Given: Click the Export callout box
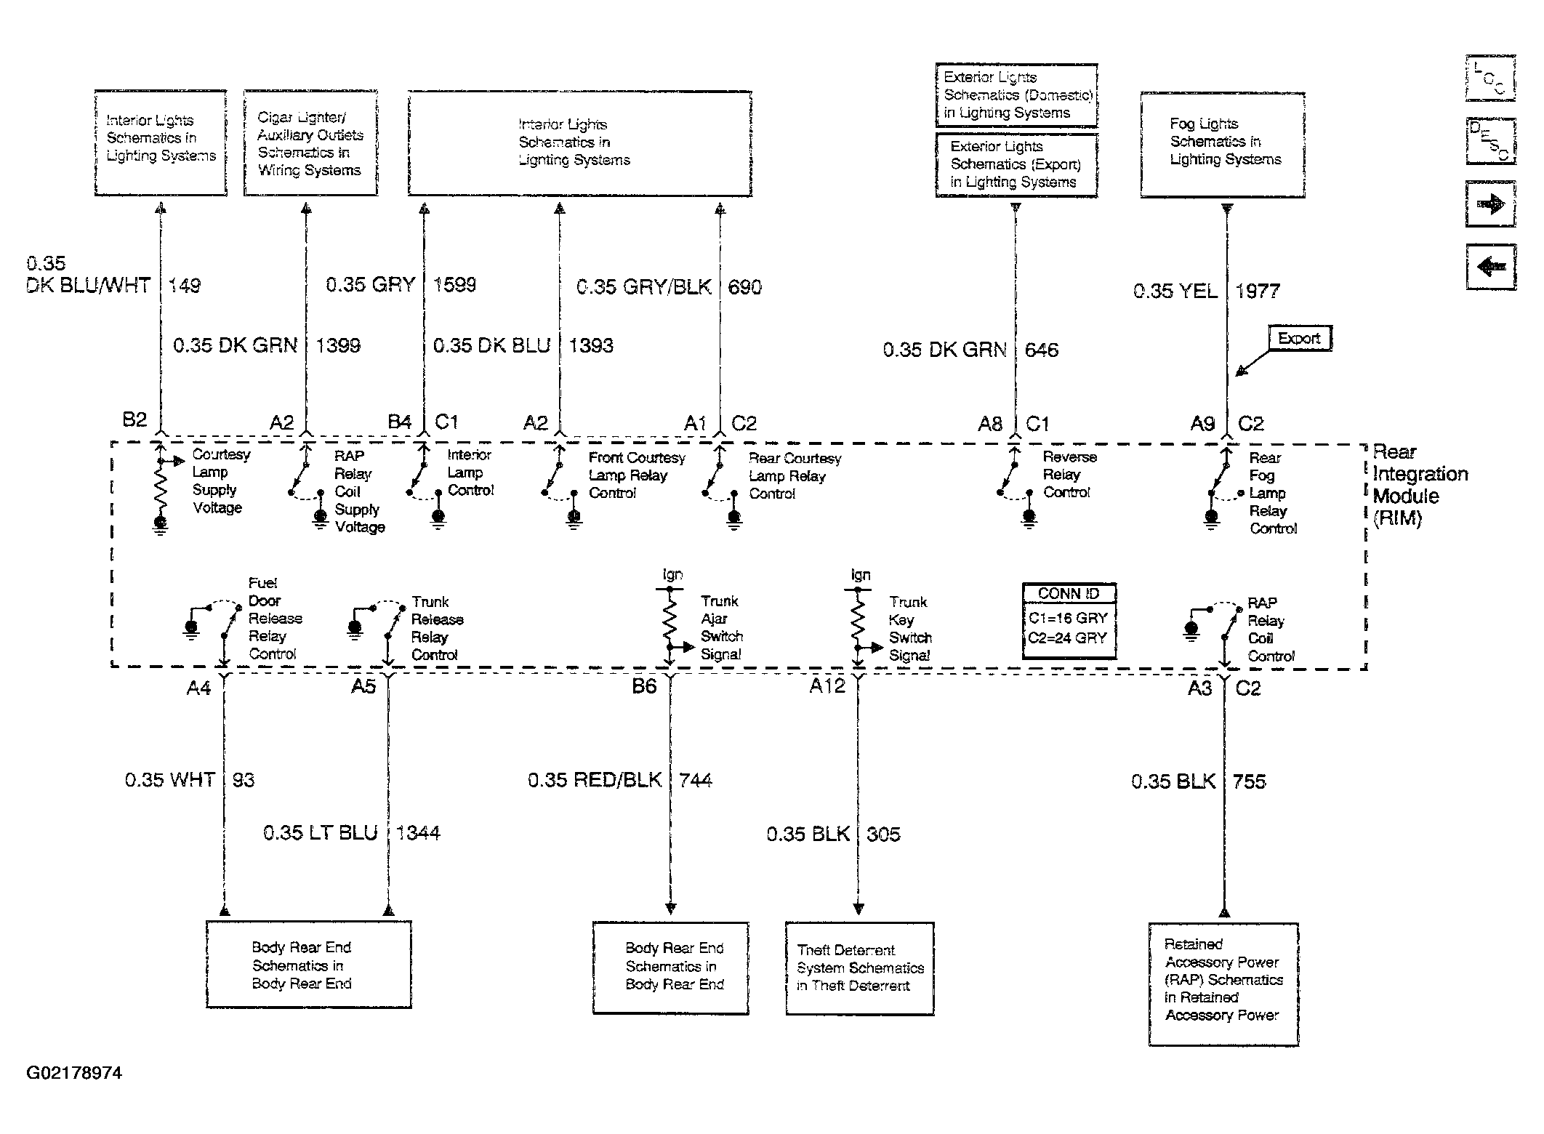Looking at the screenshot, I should tap(1299, 339).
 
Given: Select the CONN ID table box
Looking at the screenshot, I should tap(1068, 621).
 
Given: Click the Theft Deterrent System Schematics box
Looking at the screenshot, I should tap(859, 968).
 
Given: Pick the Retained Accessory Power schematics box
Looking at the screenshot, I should tap(1223, 984).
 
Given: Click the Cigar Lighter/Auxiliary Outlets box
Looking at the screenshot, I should tap(310, 144).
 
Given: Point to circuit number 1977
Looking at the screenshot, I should tap(1258, 291).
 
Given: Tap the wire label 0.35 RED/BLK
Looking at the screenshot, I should tap(594, 781).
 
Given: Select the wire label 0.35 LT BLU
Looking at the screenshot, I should tap(321, 833).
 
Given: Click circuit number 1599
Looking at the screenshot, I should tap(455, 284).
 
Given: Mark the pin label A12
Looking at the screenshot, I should tap(827, 686).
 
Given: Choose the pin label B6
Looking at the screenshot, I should tap(644, 686).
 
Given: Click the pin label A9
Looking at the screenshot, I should tap(1202, 424).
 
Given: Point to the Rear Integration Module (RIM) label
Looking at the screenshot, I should tap(1420, 485).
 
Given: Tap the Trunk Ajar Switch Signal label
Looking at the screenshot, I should tap(720, 627).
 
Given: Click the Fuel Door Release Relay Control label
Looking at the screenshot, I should tap(275, 619).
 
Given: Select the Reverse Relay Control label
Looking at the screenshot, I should tap(1069, 475).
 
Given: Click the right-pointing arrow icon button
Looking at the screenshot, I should tap(1490, 205).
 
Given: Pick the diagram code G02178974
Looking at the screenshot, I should tap(74, 1073).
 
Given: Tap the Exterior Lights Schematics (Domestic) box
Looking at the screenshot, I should tap(1016, 95).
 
